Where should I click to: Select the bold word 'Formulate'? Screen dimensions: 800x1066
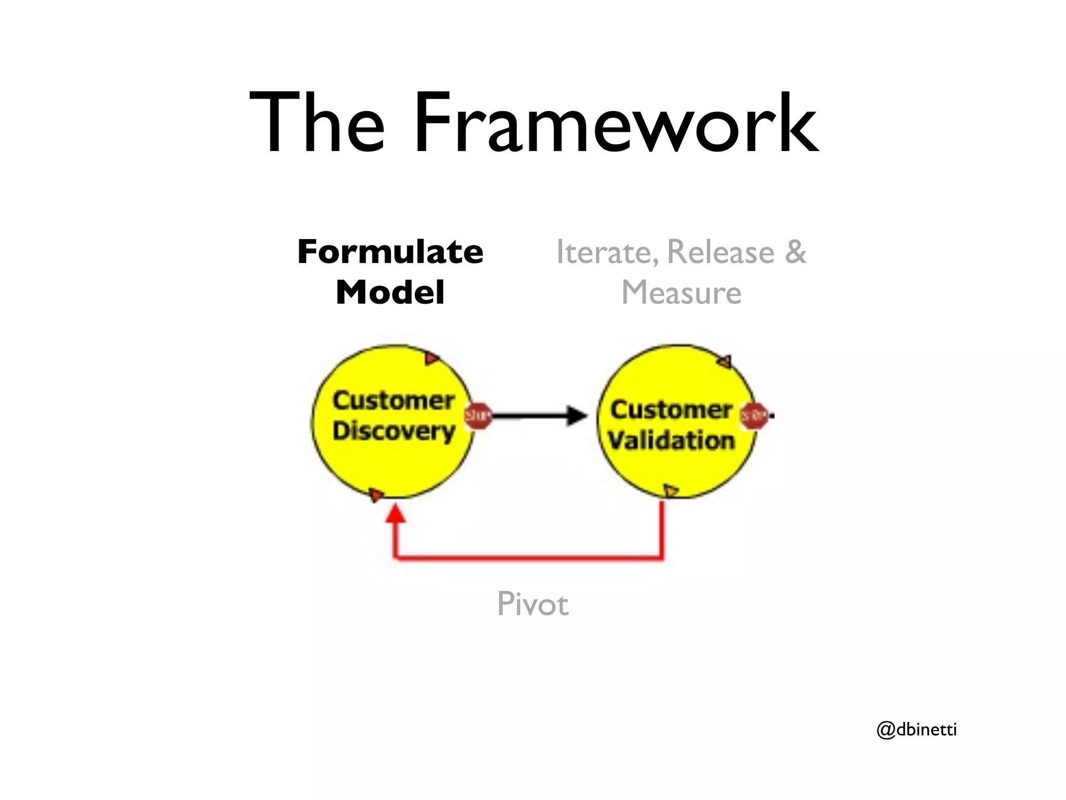point(390,252)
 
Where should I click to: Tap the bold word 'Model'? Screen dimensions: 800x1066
point(390,293)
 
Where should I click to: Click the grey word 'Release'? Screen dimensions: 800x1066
point(721,252)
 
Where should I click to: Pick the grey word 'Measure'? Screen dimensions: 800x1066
point(681,293)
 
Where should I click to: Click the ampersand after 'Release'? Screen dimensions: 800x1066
point(795,252)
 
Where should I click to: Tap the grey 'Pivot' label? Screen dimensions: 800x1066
point(532,604)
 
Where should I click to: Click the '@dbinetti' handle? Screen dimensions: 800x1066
point(917,730)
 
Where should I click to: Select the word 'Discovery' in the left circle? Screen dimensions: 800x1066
point(394,432)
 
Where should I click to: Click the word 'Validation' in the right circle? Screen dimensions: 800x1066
point(671,441)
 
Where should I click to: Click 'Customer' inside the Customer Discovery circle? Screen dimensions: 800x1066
point(394,401)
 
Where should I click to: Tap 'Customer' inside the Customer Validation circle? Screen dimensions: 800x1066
point(671,410)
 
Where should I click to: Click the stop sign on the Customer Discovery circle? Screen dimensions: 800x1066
point(478,416)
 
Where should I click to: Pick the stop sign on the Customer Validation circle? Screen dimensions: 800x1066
point(754,416)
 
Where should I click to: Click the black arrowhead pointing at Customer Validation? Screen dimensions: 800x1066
point(576,416)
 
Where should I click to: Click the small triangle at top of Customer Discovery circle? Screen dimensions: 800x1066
point(431,358)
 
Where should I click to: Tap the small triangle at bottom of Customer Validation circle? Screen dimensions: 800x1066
point(670,491)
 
